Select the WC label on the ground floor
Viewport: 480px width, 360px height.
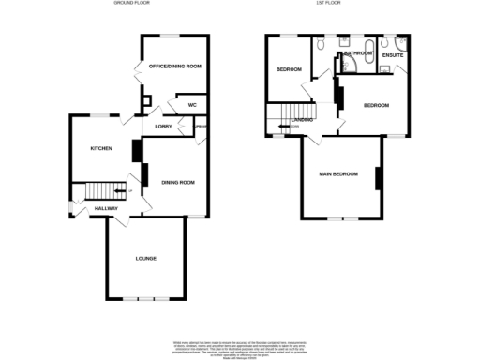click(x=192, y=105)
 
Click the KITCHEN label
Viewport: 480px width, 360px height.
click(x=101, y=149)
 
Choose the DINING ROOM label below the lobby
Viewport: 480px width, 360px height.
click(x=177, y=182)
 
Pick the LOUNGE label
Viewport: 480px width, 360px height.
click(x=145, y=258)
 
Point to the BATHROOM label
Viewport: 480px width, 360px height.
click(x=358, y=54)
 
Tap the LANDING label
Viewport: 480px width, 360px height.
click(x=302, y=119)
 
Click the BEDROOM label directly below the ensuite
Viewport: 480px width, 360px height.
click(x=377, y=105)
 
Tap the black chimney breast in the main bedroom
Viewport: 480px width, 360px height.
click(x=378, y=178)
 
